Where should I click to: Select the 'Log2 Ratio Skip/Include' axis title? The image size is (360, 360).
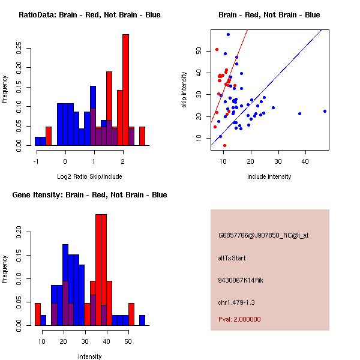pos(89,176)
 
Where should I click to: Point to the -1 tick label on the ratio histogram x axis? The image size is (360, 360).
pos(37,161)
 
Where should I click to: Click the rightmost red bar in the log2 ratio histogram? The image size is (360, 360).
pos(142,136)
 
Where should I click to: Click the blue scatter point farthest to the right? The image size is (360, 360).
pos(325,111)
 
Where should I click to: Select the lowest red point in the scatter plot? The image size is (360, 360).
pos(224,145)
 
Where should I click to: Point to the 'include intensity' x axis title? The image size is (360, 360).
pos(269,176)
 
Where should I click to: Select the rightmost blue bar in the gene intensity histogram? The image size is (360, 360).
pos(142,320)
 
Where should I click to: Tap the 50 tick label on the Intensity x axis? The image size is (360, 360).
pos(128,341)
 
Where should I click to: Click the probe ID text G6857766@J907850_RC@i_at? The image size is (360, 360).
pos(263,236)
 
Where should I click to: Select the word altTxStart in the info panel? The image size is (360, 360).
pos(232,258)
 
